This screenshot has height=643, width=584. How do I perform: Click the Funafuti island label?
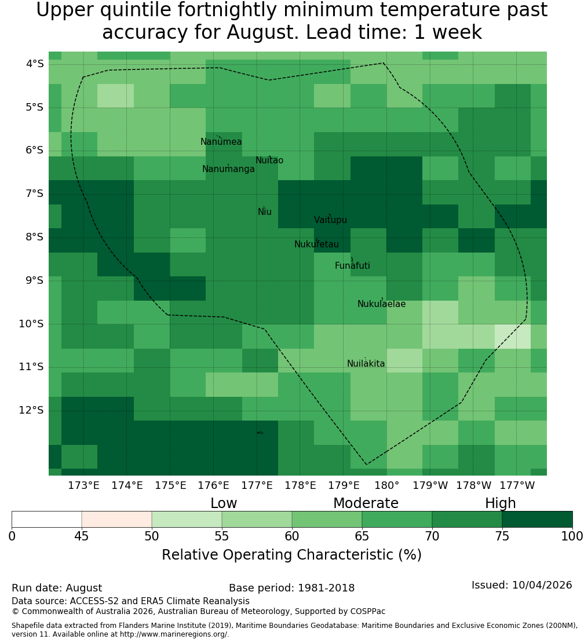352,265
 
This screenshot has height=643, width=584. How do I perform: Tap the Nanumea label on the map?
221,141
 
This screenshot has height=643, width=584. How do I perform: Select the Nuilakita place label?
366,363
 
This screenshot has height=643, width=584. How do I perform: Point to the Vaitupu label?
331,220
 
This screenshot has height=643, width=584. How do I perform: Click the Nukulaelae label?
381,304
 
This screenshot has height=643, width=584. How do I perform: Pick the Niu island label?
265,211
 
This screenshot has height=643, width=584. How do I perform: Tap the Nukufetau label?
316,244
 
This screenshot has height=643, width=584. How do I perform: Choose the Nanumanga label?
228,169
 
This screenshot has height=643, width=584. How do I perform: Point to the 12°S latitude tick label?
31,410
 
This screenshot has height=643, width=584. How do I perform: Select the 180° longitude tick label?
387,485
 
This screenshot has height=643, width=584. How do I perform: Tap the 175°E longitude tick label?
170,485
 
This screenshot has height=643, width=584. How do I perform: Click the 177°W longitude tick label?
517,485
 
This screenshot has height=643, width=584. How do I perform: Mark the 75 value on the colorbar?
502,536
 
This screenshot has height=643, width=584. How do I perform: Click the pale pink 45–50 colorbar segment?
117,519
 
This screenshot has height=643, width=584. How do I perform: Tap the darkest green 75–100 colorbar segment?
537,519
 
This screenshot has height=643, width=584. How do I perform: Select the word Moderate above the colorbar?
366,503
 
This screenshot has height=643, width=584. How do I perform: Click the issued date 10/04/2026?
542,584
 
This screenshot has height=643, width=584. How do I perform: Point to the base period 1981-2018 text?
326,587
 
